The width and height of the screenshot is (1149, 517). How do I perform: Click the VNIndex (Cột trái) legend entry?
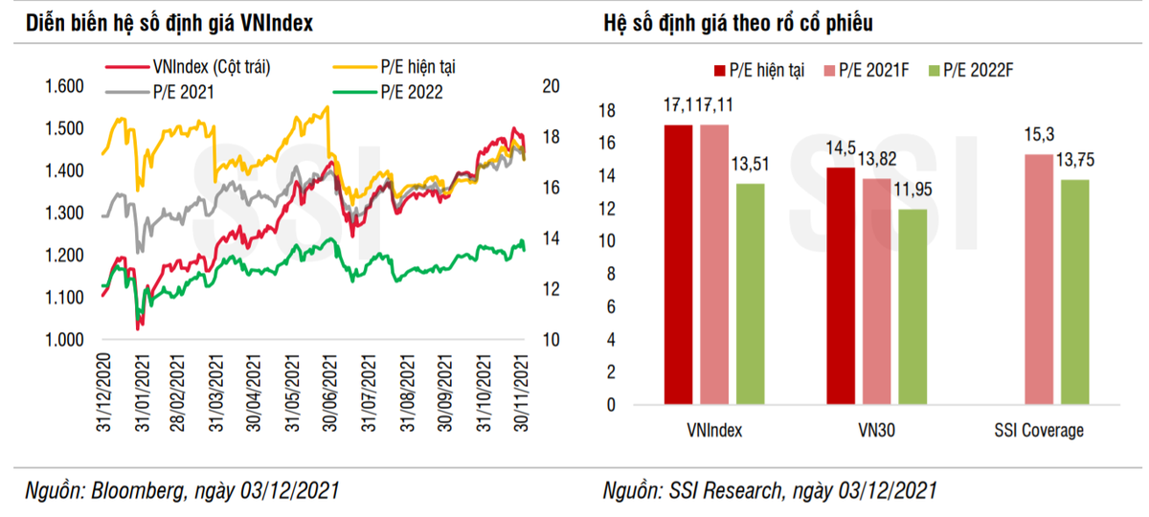click(x=211, y=67)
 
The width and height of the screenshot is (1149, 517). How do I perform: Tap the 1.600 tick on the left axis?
click(x=65, y=86)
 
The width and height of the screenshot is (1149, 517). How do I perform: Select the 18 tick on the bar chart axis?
click(x=604, y=111)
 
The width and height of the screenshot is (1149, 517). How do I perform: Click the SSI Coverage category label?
click(x=1040, y=430)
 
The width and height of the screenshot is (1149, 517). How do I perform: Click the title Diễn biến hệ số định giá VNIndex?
click(x=169, y=22)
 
